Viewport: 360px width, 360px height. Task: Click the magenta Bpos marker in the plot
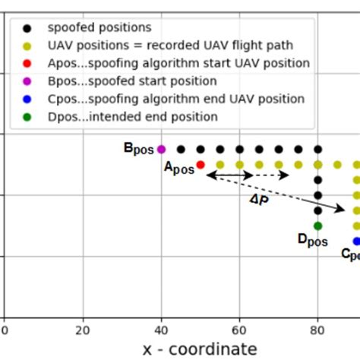click(161, 150)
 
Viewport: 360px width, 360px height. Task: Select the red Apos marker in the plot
click(201, 164)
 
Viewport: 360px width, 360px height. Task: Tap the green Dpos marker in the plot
click(317, 226)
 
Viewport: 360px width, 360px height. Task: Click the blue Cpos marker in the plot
click(356, 242)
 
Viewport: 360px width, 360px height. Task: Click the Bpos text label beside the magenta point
click(139, 148)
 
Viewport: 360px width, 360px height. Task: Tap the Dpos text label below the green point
click(312, 241)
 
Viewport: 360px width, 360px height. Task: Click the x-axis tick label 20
click(83, 330)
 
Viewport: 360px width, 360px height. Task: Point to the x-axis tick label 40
click(161, 330)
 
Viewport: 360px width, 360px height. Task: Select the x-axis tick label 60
click(239, 330)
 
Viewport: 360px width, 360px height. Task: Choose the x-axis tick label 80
click(317, 330)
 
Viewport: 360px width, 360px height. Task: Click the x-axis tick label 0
click(5, 330)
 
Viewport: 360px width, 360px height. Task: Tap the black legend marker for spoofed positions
click(27, 28)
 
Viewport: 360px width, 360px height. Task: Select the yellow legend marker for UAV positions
click(27, 46)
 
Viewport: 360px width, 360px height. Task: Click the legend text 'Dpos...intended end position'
click(131, 117)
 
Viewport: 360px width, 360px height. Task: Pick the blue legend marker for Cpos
click(27, 99)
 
